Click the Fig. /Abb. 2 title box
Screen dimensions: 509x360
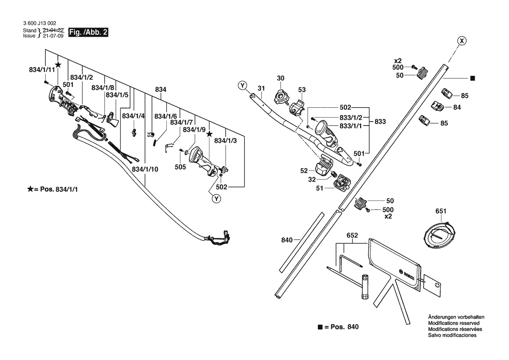88,32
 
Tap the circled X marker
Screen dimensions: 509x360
461,41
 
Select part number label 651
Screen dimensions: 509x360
441,211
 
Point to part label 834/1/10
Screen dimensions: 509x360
145,169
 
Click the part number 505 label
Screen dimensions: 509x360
180,167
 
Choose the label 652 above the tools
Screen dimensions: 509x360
352,235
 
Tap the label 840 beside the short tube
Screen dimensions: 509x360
287,240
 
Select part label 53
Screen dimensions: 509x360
302,90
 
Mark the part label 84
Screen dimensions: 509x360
457,107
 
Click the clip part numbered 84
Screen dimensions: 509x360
437,106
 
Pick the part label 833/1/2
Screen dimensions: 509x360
351,118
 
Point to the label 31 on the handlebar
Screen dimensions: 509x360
261,88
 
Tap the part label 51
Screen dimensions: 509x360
320,188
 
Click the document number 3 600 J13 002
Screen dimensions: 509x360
40,24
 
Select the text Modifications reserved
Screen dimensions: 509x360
454,323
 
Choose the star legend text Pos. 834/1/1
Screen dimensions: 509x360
59,190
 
